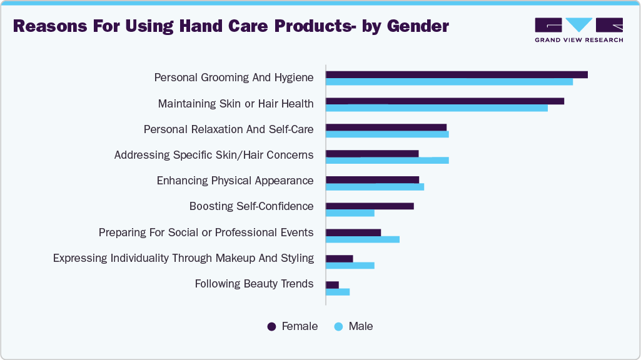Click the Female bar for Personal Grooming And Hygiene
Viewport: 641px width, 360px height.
pos(457,74)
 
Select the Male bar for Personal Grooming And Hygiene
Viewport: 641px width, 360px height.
pos(449,82)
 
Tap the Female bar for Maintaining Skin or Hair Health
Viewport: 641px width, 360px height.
pos(445,101)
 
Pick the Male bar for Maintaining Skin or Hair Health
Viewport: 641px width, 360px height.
pos(437,108)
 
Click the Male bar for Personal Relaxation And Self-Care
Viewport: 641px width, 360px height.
pos(387,134)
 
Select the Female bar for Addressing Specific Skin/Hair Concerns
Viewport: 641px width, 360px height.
pos(372,153)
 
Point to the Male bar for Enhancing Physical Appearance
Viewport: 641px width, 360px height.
pos(375,187)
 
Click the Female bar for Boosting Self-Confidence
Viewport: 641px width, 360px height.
pos(370,206)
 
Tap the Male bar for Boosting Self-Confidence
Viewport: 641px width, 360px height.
pos(350,213)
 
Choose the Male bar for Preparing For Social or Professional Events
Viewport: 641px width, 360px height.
pos(363,239)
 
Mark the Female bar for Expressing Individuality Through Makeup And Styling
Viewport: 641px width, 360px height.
pos(340,258)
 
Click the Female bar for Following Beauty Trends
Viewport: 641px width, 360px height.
pos(332,284)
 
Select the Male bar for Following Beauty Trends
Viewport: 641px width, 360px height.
pos(338,292)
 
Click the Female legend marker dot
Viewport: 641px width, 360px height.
pos(272,326)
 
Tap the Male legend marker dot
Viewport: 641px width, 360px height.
pos(338,326)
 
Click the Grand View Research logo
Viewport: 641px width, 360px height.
pos(578,30)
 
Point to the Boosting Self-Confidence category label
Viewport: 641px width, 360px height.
pos(251,206)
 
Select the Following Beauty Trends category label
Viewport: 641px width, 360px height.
pos(254,284)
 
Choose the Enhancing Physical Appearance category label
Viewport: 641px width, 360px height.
pos(235,181)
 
